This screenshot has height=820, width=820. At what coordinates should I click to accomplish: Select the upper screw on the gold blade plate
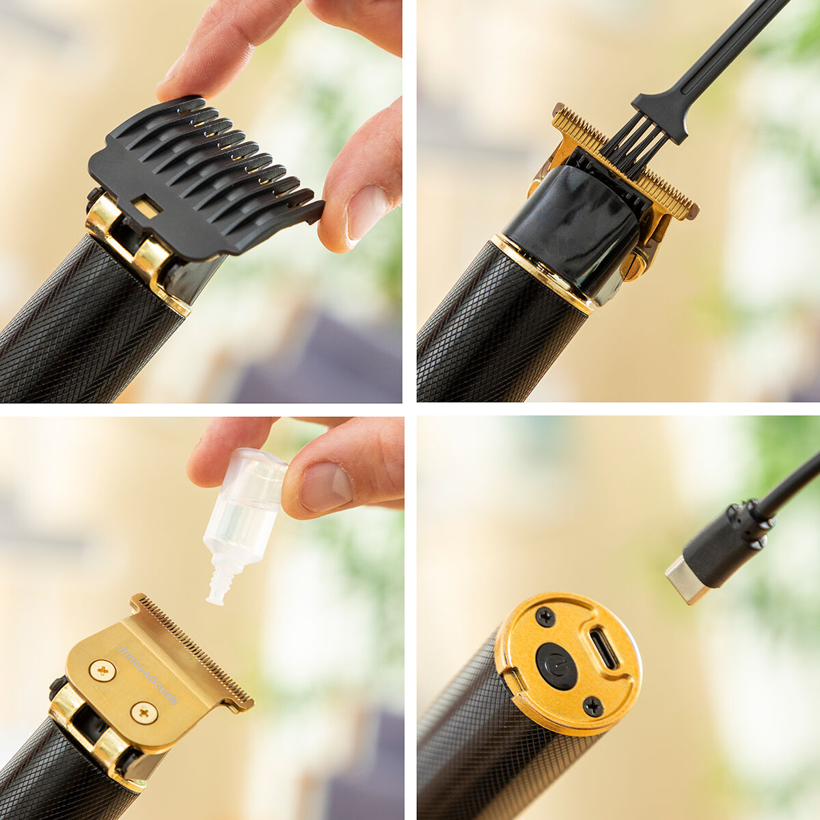pyautogui.click(x=102, y=670)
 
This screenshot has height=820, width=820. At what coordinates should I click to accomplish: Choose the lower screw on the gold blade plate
pyautogui.click(x=144, y=713)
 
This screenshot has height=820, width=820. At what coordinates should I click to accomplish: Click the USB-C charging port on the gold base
pyautogui.click(x=603, y=649)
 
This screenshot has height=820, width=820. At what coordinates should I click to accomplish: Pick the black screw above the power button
pyautogui.click(x=545, y=616)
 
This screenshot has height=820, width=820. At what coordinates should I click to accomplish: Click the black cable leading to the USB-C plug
pyautogui.click(x=793, y=485)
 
